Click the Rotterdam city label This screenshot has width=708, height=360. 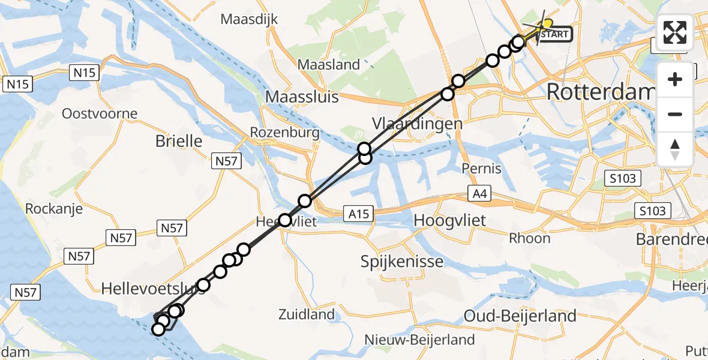(x=600, y=92)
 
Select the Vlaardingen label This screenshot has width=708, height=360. (x=417, y=124)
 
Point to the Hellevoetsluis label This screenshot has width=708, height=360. (x=153, y=289)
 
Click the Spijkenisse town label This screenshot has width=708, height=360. (x=402, y=261)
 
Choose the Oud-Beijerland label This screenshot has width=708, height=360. (x=520, y=316)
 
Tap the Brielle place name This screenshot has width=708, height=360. (x=179, y=141)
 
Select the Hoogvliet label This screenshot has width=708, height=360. (x=450, y=220)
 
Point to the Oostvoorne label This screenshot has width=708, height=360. (x=100, y=113)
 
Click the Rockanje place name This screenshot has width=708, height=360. (x=53, y=209)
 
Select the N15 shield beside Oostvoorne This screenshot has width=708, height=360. (x=83, y=73)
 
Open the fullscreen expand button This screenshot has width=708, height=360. (x=675, y=32)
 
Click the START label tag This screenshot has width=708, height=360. (x=554, y=34)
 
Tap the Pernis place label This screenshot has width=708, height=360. (x=482, y=169)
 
